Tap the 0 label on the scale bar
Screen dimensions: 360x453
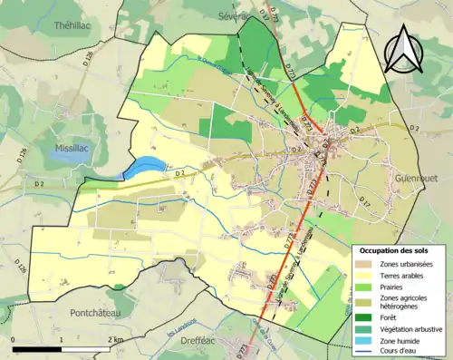pyautogui.click(x=14, y=339)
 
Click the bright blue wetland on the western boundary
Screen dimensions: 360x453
pyautogui.click(x=145, y=167)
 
